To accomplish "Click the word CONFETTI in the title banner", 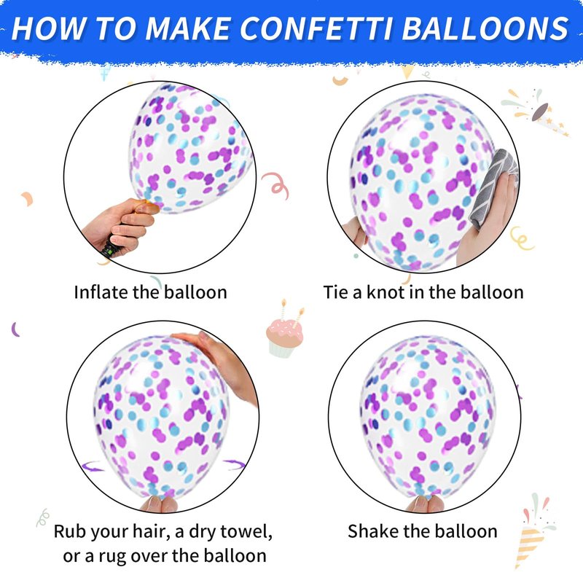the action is (317, 28).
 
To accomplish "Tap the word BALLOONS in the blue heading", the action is (485, 28).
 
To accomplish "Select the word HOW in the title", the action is (49, 28).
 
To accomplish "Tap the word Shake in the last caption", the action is (373, 531).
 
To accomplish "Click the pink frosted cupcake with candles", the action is (284, 333).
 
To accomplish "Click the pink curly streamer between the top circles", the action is (276, 185).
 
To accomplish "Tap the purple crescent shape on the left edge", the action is (15, 329).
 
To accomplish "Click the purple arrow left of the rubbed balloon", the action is (93, 466).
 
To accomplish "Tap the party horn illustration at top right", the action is (536, 112).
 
